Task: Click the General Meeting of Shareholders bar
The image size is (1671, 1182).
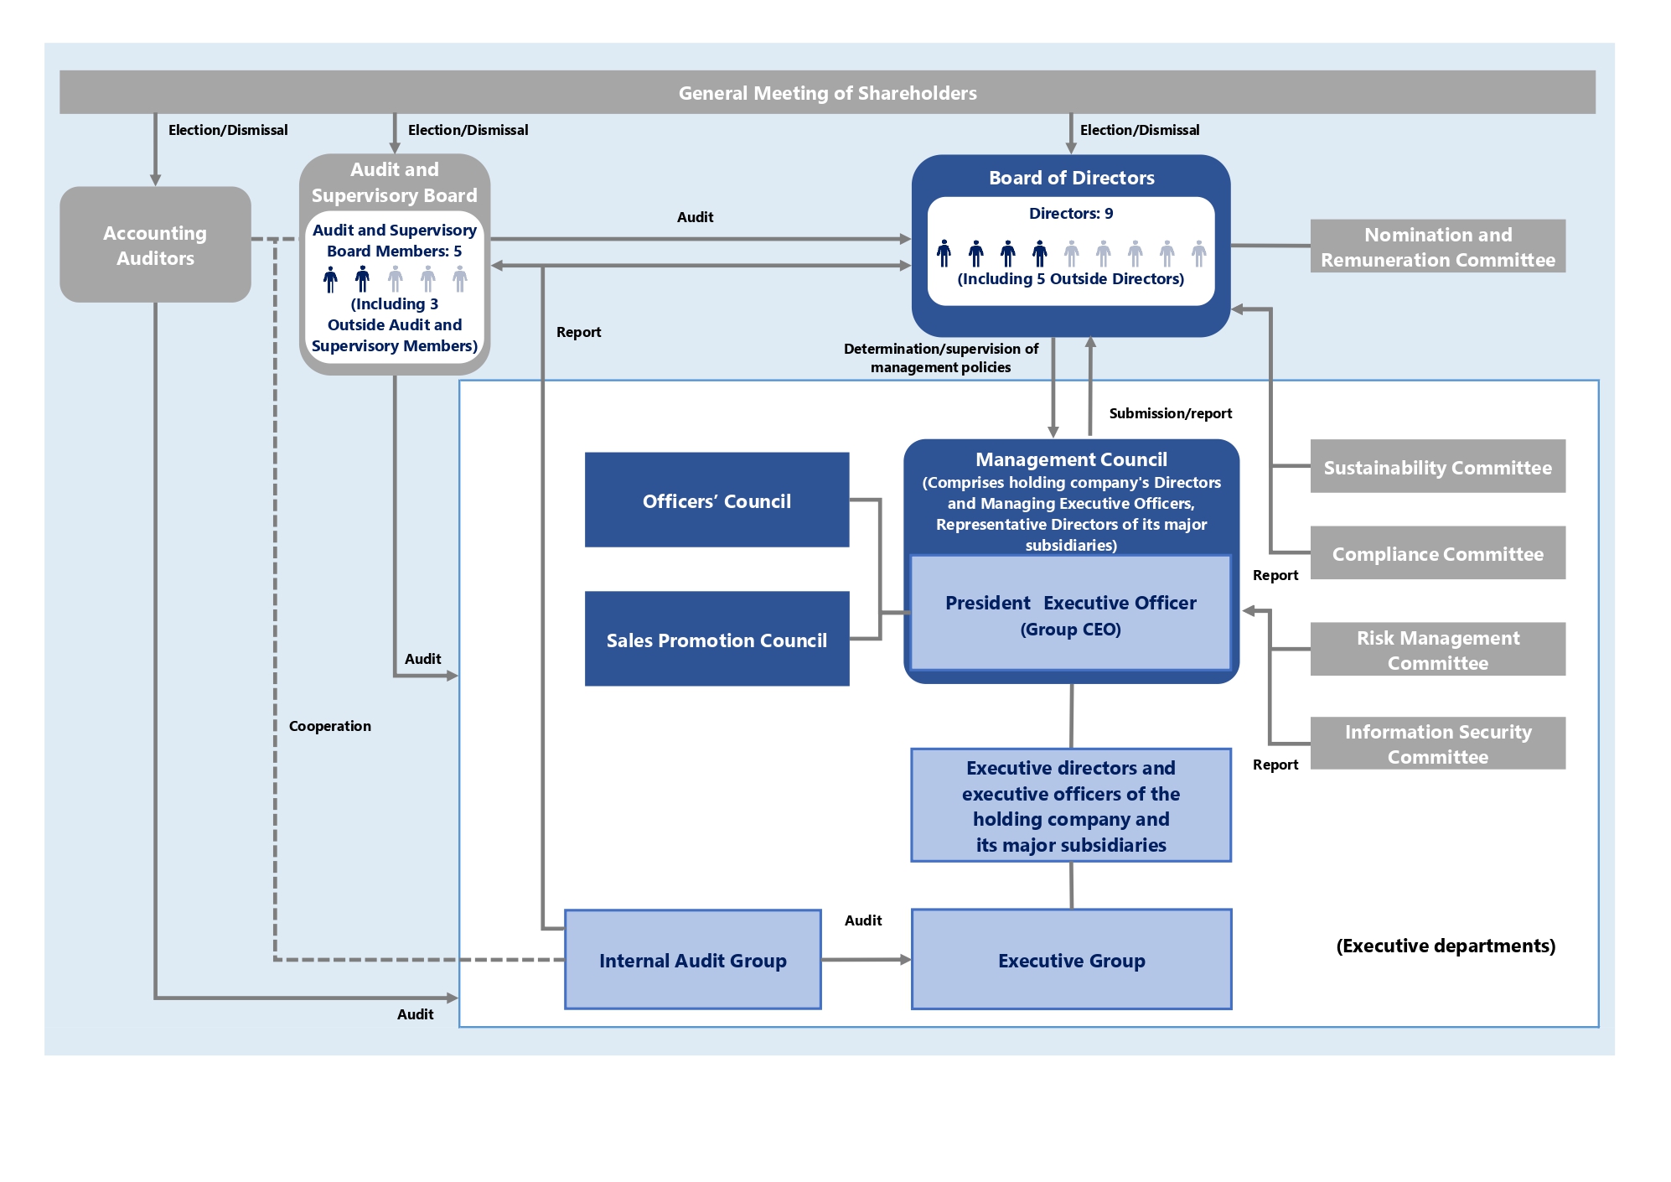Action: (827, 92)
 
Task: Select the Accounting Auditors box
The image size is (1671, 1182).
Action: (155, 244)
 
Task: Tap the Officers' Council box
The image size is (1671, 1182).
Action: (717, 500)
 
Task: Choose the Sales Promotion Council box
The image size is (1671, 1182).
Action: (717, 640)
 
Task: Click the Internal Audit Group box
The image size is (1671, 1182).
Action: (693, 960)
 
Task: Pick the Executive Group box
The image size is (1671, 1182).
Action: (1071, 960)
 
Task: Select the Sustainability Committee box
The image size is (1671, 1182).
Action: (1438, 467)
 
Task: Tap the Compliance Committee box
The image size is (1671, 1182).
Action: (1438, 553)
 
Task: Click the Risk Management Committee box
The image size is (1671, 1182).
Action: (1438, 650)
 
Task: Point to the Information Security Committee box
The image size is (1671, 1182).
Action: (1438, 744)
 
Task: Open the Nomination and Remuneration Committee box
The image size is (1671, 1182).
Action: (1438, 246)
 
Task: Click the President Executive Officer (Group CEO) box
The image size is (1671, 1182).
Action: (1071, 614)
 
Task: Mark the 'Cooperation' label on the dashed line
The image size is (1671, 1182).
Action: (330, 726)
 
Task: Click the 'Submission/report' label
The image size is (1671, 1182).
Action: (1171, 413)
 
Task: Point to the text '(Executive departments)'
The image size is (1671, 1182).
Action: (1446, 946)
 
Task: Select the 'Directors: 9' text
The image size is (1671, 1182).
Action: (1071, 214)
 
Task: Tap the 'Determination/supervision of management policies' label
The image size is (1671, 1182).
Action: (941, 358)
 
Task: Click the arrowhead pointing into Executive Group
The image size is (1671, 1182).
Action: (906, 960)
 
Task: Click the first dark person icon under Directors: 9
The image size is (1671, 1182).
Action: (944, 253)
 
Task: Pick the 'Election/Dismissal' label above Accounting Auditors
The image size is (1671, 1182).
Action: (228, 130)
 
